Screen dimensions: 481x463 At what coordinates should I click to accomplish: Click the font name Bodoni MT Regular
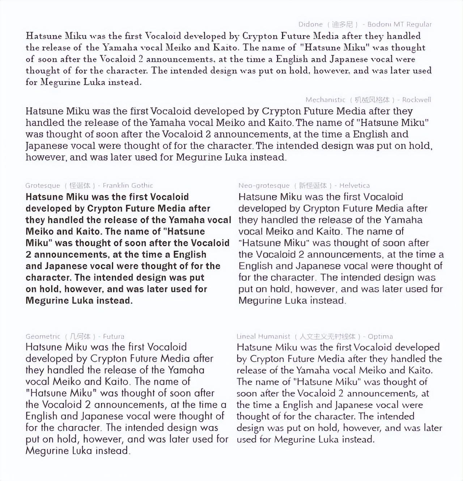(399, 25)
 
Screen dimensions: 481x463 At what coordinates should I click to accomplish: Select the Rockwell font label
(416, 100)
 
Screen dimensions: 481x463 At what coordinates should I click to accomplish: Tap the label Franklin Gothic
(128, 186)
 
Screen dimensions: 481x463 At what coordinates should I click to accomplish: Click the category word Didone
(310, 25)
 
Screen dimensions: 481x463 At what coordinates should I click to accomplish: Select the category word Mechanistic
(325, 100)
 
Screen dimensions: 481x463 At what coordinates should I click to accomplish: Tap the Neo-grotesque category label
(264, 186)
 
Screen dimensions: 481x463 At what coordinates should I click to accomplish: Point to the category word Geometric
(43, 337)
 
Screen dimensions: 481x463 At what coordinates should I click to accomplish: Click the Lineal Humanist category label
(263, 337)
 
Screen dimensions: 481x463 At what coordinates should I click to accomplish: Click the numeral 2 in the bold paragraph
(29, 255)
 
